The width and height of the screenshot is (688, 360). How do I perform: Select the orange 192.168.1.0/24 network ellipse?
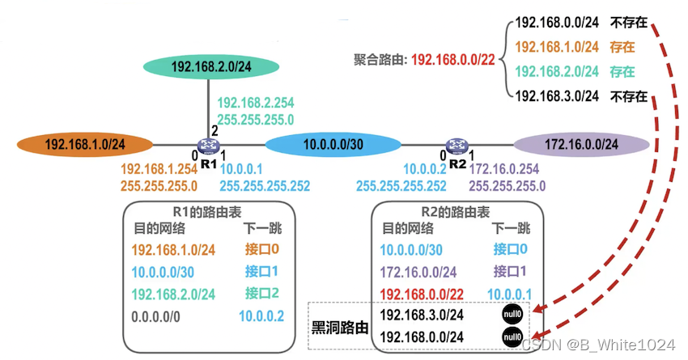pyautogui.click(x=85, y=146)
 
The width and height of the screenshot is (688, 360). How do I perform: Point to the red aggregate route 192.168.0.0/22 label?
pyautogui.click(x=452, y=60)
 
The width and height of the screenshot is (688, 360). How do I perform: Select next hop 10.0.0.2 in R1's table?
pyautogui.click(x=261, y=316)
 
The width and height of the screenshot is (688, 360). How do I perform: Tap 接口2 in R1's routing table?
pyautogui.click(x=261, y=293)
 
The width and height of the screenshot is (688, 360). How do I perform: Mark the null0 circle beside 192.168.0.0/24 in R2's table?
pyautogui.click(x=511, y=336)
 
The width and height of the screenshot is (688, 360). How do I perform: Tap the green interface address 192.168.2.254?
pyautogui.click(x=256, y=103)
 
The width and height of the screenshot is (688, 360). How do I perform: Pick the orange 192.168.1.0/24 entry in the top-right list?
pyautogui.click(x=556, y=46)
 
